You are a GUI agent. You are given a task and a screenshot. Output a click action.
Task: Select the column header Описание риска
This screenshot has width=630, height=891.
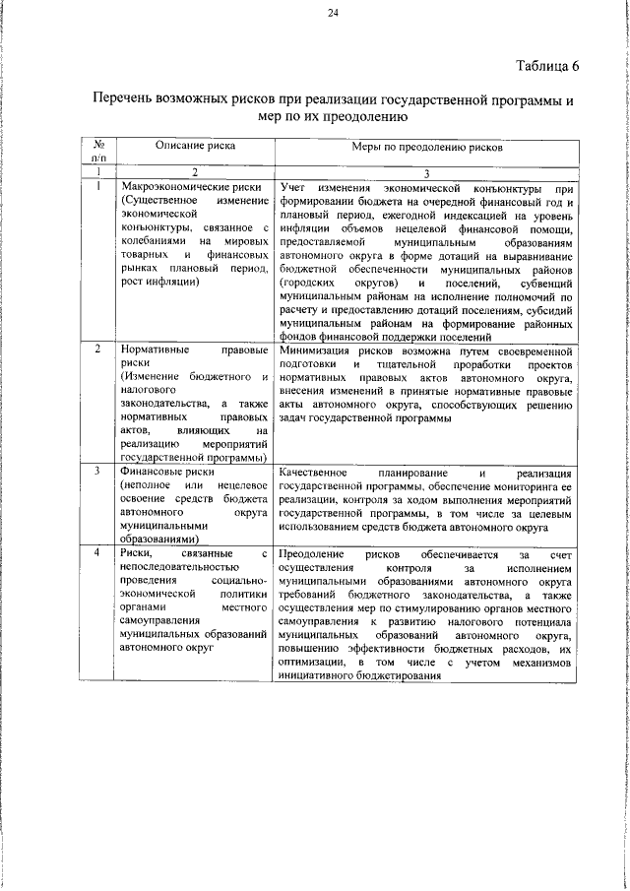tap(196, 146)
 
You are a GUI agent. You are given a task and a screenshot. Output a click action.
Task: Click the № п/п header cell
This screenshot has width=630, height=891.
tap(98, 151)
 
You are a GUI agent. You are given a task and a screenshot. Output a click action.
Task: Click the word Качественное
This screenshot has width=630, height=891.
tap(316, 472)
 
